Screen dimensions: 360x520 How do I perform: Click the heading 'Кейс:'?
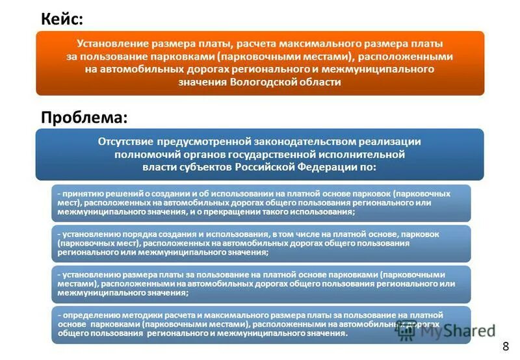click(62, 19)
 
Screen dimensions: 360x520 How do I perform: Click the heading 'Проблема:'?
click(84, 117)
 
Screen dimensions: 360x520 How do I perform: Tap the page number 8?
click(505, 346)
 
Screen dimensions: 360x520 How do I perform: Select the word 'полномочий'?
click(144, 154)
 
